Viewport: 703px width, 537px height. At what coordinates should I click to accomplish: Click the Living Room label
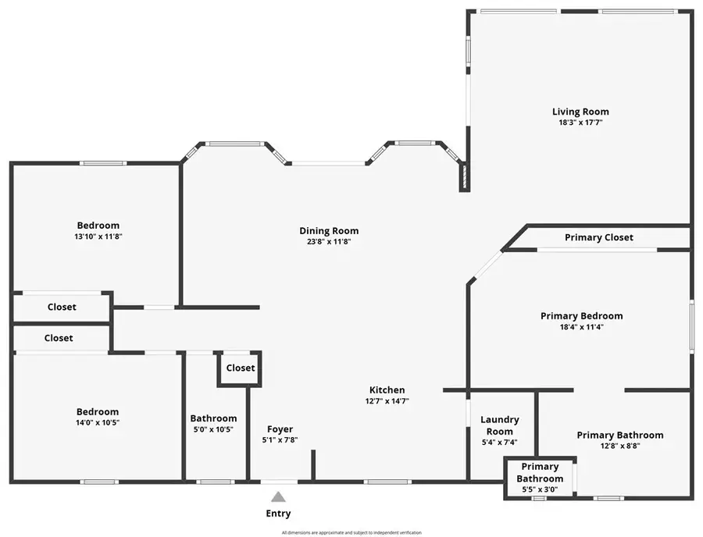tap(580, 112)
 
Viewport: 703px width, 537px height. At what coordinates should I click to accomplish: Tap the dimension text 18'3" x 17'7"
tap(580, 123)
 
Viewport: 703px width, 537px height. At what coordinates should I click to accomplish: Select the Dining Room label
tap(329, 230)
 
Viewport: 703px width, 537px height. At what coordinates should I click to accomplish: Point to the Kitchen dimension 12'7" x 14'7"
tap(387, 401)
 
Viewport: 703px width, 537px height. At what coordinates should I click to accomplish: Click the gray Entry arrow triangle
tap(278, 496)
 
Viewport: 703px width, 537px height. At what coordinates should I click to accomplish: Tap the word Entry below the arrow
tap(278, 514)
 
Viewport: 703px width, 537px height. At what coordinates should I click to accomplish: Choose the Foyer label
tap(280, 429)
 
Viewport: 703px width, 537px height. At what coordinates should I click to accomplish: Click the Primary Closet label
tap(599, 237)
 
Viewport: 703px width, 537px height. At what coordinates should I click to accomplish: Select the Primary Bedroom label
tap(582, 316)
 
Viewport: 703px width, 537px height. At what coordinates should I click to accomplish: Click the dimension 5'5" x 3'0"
tap(540, 489)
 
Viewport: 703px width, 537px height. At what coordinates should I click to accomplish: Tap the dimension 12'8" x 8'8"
tap(620, 446)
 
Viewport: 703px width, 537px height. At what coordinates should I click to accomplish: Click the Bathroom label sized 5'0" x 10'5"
tap(213, 418)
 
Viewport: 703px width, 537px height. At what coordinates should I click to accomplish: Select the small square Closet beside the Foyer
tap(240, 368)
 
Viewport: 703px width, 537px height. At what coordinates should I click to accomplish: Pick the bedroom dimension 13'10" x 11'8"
tap(98, 236)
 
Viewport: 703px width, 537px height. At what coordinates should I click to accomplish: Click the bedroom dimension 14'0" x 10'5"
tap(98, 423)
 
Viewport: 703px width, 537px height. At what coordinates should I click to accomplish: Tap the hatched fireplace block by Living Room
tap(464, 177)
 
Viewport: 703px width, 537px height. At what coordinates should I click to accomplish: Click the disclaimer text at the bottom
tap(351, 532)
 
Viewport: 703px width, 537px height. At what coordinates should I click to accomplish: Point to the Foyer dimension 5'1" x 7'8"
tap(280, 440)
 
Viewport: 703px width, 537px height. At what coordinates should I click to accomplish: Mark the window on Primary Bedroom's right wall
tap(691, 326)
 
